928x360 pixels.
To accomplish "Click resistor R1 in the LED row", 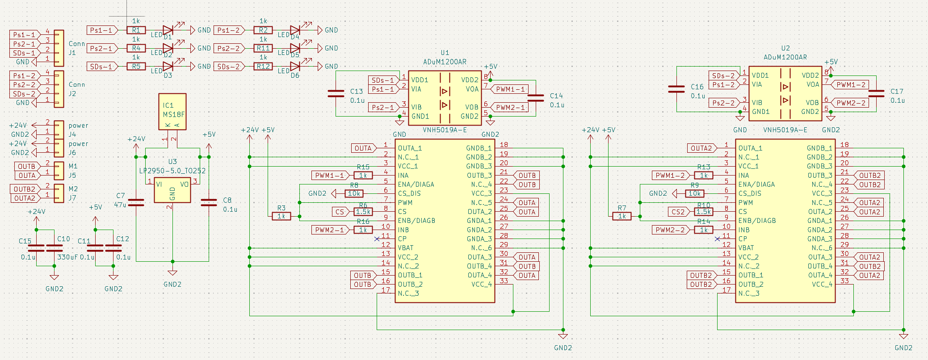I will click(136, 30).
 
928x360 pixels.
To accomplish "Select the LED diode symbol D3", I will click(168, 67).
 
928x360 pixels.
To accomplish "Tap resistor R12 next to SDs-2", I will click(263, 67).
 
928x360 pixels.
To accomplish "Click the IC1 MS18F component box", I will click(172, 112).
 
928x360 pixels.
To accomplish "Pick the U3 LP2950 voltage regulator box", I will click(172, 190).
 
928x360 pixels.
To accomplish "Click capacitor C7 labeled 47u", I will click(136, 203).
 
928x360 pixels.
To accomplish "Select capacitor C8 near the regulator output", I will click(209, 203).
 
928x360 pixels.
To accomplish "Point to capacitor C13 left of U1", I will click(336, 94).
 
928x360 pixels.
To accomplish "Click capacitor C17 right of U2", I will click(876, 93).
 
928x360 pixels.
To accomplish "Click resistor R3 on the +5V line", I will click(281, 216).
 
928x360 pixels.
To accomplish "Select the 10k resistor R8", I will click(354, 193).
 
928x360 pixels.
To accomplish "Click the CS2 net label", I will click(678, 212).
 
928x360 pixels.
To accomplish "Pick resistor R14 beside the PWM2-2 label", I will click(704, 230).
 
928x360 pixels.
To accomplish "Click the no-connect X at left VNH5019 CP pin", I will click(377, 239).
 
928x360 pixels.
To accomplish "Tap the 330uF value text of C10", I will click(67, 257).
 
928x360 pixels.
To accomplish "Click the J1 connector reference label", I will click(72, 53).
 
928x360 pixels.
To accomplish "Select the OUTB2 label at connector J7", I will click(24, 189).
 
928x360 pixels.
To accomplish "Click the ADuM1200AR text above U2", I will click(785, 57).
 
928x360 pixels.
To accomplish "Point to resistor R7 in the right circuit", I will click(622, 216).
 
